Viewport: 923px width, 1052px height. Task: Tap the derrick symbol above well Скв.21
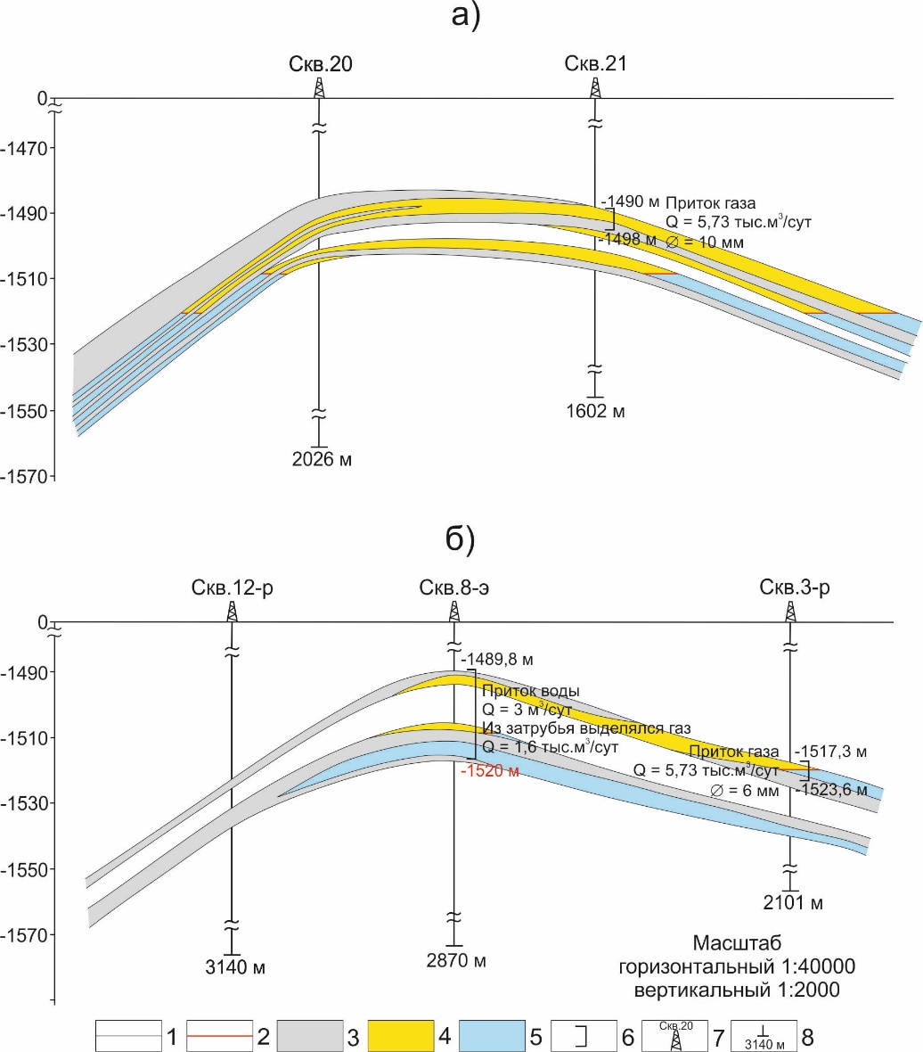pyautogui.click(x=595, y=87)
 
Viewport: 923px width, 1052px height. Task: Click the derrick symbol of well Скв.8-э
pyautogui.click(x=454, y=612)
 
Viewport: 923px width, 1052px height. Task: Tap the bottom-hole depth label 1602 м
pyautogui.click(x=595, y=411)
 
